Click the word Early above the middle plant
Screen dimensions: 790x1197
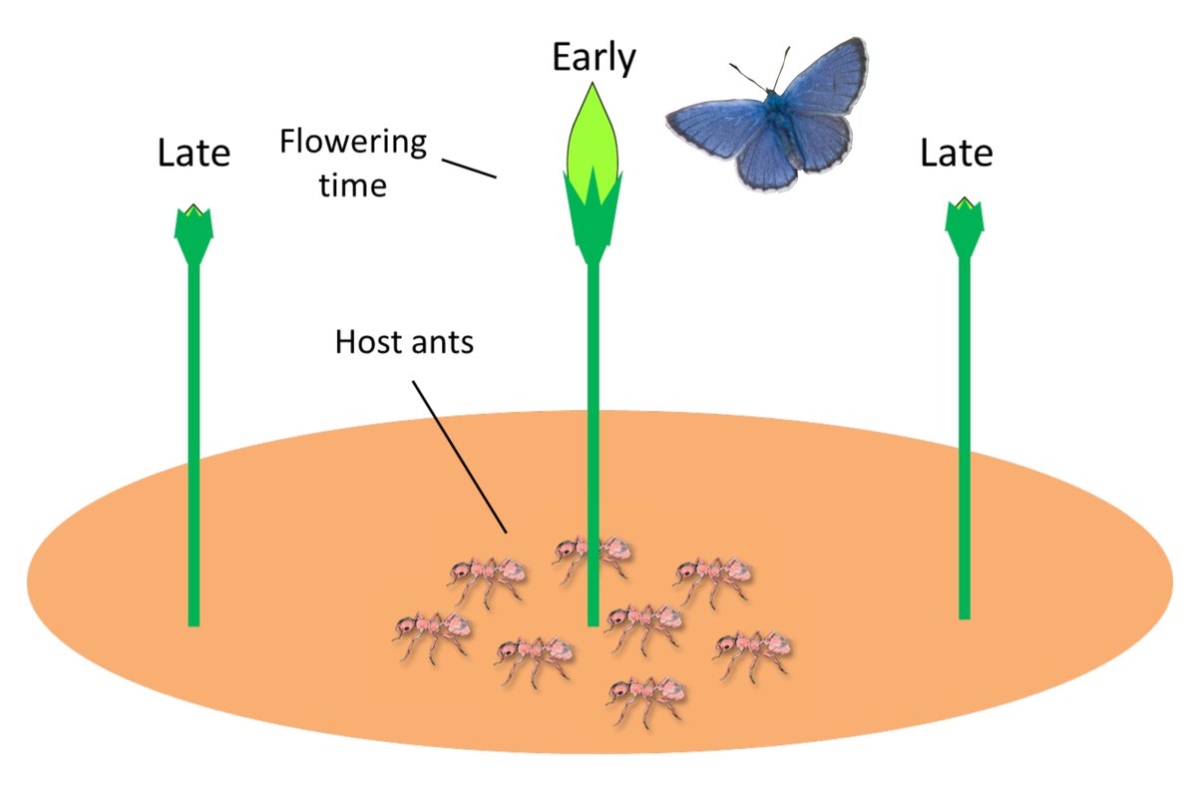click(x=594, y=59)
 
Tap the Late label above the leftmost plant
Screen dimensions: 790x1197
click(x=194, y=154)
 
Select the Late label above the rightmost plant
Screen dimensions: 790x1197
click(x=956, y=154)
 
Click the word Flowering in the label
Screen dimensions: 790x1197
click(x=352, y=142)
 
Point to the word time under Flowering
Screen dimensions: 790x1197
click(x=352, y=185)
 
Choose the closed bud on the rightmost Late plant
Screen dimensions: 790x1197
click(x=965, y=223)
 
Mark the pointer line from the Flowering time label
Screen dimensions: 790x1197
click(x=469, y=166)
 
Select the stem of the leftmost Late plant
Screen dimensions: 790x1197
click(x=194, y=449)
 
